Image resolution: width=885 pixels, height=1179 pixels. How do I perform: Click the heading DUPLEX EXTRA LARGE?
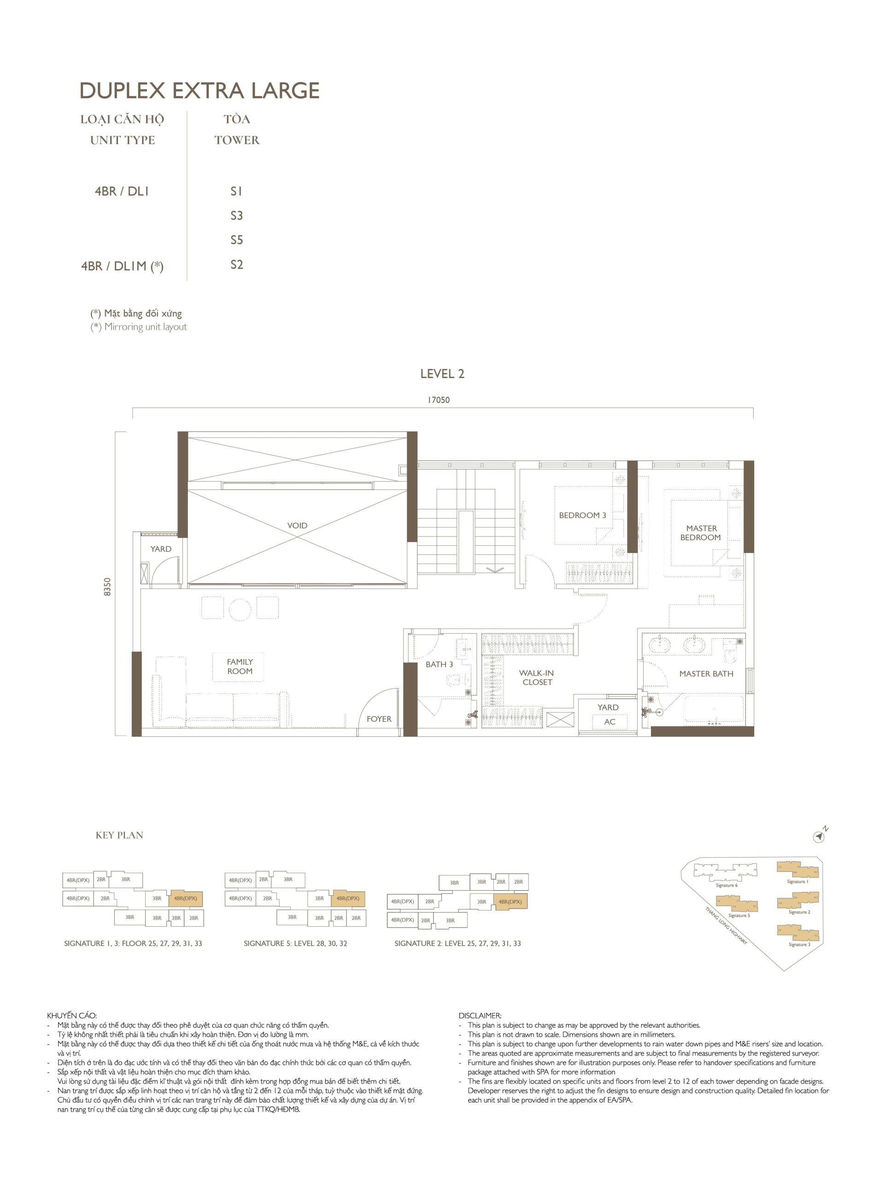(199, 91)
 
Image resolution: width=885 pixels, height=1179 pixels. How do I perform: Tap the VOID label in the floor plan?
(297, 525)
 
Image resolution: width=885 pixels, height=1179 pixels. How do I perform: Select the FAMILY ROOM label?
(240, 666)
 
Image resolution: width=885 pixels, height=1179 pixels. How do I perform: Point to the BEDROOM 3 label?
(582, 515)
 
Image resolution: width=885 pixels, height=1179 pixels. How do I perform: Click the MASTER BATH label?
(706, 674)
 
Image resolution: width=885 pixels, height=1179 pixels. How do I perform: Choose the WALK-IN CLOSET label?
(537, 677)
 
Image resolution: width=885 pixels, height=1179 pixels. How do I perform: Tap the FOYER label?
(379, 719)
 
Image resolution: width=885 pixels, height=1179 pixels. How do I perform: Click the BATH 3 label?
(440, 665)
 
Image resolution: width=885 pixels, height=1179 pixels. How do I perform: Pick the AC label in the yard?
(610, 722)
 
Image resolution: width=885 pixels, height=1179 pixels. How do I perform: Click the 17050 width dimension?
(439, 400)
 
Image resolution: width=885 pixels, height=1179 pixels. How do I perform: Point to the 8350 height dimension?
(108, 587)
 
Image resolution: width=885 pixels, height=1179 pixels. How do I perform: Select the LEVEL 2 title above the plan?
(442, 374)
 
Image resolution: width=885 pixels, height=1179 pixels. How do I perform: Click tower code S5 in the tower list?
(237, 240)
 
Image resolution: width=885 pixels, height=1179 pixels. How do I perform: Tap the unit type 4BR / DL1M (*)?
(122, 266)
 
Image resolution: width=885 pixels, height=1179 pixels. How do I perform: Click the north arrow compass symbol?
(820, 837)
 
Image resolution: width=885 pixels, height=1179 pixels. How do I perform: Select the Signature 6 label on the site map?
(727, 885)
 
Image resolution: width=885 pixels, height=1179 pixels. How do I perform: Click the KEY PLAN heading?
(119, 835)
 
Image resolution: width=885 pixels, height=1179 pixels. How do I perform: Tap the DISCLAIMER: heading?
(480, 1016)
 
